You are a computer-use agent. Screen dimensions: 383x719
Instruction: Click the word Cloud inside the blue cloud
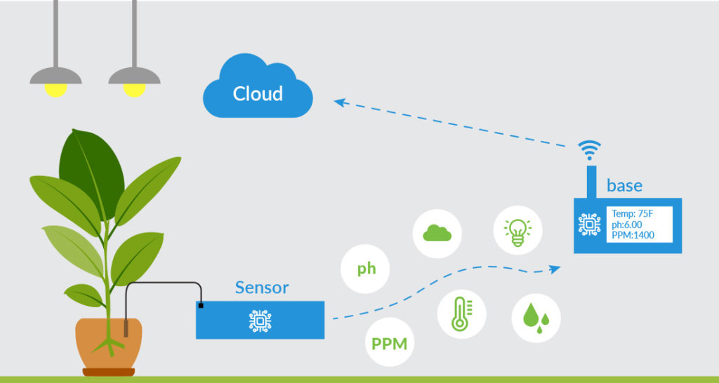click(x=258, y=94)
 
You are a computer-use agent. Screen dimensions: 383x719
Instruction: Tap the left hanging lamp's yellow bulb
click(x=55, y=89)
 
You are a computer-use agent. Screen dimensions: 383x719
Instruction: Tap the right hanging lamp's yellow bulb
click(x=134, y=89)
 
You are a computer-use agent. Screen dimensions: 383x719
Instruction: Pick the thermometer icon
click(x=461, y=314)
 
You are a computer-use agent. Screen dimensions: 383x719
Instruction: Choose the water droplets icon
click(x=536, y=318)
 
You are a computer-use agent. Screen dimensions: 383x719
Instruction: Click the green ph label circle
click(x=366, y=269)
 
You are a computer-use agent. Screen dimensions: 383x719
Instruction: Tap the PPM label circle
click(x=389, y=344)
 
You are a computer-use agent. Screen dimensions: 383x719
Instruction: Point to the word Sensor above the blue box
click(x=261, y=288)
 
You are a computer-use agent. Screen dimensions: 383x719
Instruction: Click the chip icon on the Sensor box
click(x=260, y=321)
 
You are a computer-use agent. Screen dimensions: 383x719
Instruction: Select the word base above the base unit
click(x=624, y=186)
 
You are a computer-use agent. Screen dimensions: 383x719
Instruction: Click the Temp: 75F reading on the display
click(x=633, y=214)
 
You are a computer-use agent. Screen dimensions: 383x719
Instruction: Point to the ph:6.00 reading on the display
click(x=627, y=224)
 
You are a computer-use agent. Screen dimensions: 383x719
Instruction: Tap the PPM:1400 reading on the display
click(x=633, y=235)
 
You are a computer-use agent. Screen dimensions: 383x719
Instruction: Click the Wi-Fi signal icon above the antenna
click(x=590, y=150)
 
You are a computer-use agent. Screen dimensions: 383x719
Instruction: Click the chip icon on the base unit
click(x=590, y=224)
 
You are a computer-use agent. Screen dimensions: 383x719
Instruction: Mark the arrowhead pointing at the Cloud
click(x=339, y=102)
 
